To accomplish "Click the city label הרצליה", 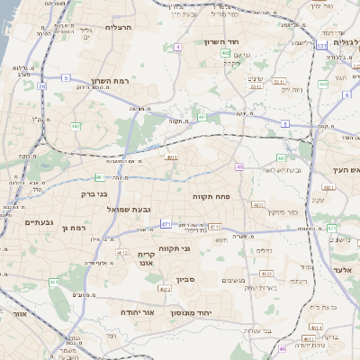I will point(119,27).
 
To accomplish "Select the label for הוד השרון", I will point(244,41).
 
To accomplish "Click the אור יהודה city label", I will point(138,312).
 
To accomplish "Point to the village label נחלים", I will point(264,251).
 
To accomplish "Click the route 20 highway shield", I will point(41,86).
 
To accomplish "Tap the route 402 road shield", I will point(225,53).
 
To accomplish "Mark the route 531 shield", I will point(321,45).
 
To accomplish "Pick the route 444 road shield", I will point(323,84).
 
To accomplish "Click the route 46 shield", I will point(282,348).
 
